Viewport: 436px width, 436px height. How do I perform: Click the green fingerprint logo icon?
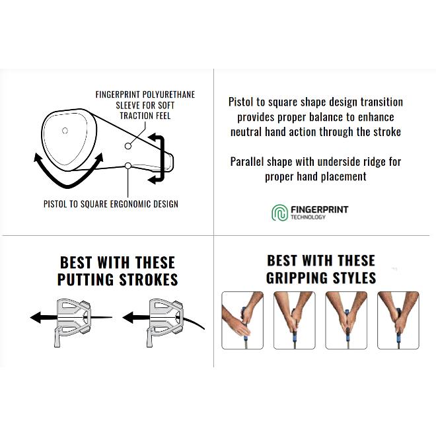279,213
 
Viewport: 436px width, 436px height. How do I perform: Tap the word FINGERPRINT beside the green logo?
319,209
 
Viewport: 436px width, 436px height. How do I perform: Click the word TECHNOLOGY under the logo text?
308,217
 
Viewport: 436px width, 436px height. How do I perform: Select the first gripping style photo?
242,320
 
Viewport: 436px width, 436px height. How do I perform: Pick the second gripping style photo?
295,320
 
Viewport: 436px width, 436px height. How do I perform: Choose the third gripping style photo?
346,320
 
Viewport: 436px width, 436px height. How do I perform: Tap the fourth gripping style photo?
398,320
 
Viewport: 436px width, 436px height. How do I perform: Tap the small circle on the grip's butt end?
65,130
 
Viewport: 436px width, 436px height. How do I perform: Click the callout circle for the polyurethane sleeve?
128,146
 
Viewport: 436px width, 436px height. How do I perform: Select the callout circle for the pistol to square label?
128,166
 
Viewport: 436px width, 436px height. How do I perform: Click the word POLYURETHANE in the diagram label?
168,94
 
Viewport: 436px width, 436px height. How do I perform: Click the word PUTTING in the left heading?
86,279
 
